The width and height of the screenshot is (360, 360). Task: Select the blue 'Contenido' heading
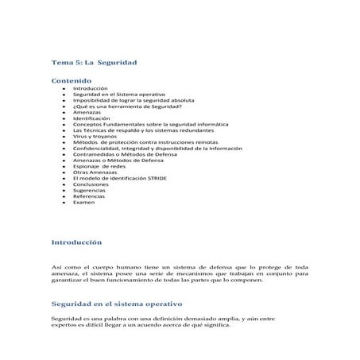(72, 81)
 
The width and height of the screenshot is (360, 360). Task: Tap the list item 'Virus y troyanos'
(94, 136)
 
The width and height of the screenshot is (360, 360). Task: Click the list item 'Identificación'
(91, 118)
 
